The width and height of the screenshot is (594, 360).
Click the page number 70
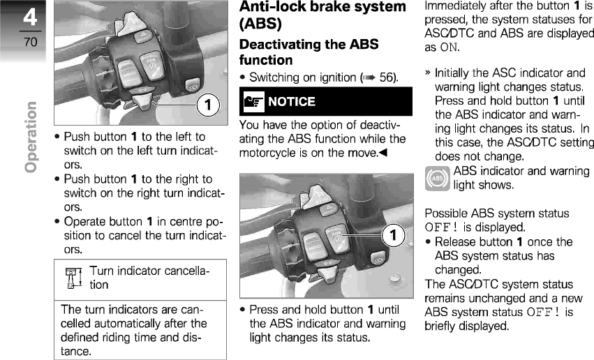click(x=30, y=42)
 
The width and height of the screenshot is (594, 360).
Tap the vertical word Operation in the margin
click(x=30, y=137)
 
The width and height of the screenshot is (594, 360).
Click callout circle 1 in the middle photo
click(x=393, y=234)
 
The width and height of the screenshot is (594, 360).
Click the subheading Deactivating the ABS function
click(x=309, y=52)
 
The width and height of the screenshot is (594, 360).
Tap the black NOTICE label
click(x=292, y=102)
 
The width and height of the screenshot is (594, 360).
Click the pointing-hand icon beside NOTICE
click(x=251, y=102)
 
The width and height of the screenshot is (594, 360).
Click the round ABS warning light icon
click(x=437, y=179)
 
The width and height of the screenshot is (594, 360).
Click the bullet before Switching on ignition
click(x=242, y=77)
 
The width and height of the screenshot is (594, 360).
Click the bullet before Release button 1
click(x=427, y=242)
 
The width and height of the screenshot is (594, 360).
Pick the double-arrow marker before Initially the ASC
click(x=427, y=72)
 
